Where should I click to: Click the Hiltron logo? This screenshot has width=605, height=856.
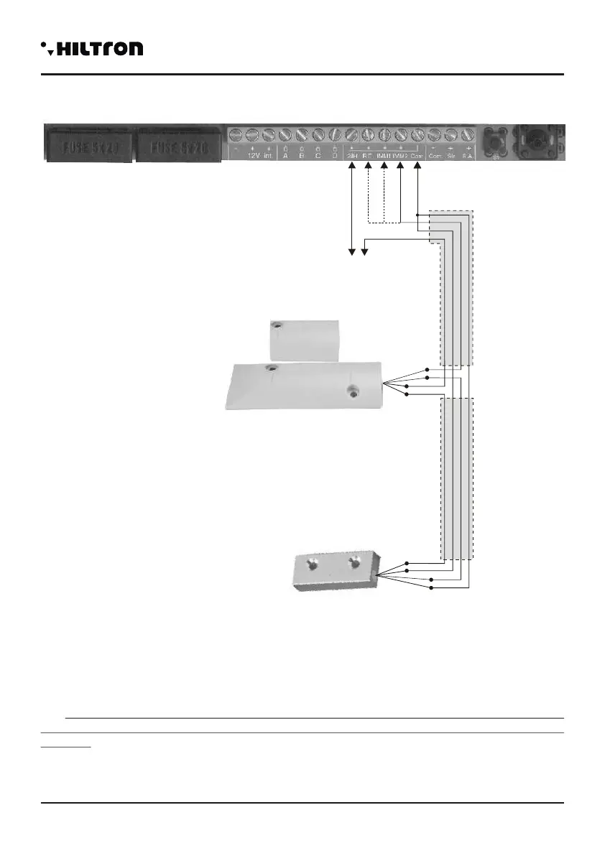tap(92, 49)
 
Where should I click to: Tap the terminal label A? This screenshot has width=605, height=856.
tap(285, 155)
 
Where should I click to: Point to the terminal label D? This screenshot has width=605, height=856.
tap(335, 155)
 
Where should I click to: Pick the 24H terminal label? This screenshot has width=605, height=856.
tap(352, 155)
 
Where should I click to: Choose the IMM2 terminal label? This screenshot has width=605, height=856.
tap(400, 155)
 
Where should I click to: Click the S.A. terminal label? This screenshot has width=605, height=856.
tap(468, 155)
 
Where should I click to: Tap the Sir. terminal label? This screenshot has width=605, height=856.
tap(451, 155)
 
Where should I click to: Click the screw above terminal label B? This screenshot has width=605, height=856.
tap(302, 134)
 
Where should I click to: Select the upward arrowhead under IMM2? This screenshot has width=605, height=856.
tap(400, 167)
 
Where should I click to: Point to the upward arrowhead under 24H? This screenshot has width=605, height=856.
tap(351, 167)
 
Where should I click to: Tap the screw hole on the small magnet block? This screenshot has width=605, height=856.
tap(277, 326)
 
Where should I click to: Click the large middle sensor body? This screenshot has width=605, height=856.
tap(305, 386)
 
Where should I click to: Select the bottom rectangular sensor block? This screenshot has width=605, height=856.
tap(336, 571)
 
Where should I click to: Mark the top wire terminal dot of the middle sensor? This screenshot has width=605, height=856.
tap(428, 370)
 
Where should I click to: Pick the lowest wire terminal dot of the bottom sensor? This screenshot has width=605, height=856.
tap(431, 588)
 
